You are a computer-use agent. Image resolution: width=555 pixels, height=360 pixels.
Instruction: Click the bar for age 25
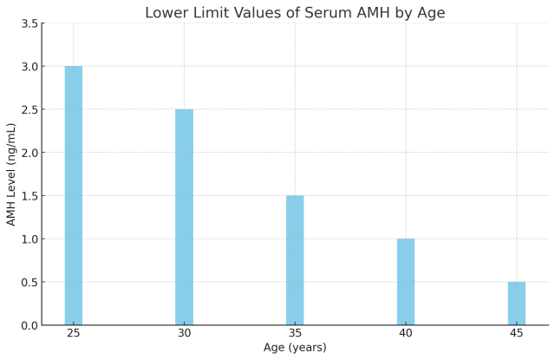pyautogui.click(x=74, y=195)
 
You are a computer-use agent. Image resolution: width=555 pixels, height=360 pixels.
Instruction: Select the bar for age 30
pyautogui.click(x=184, y=217)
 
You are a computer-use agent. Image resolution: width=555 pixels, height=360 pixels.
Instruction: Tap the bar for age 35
pyautogui.click(x=295, y=260)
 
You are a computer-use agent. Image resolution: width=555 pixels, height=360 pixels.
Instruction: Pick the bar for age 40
pyautogui.click(x=406, y=282)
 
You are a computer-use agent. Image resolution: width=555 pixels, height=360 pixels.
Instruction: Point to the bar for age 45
pyautogui.click(x=516, y=304)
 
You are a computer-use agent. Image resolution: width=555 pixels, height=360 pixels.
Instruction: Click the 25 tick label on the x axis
pyautogui.click(x=74, y=333)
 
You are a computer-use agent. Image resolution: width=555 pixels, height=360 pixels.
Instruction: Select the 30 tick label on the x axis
pyautogui.click(x=184, y=333)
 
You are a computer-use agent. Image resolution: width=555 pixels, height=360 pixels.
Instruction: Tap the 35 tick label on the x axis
pyautogui.click(x=295, y=333)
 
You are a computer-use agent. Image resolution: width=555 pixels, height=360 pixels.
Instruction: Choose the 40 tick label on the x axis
pyautogui.click(x=406, y=333)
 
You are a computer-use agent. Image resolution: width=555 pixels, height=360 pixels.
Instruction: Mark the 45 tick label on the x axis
pyautogui.click(x=516, y=333)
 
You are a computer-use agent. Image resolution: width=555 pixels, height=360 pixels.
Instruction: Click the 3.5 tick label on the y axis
pyautogui.click(x=29, y=23)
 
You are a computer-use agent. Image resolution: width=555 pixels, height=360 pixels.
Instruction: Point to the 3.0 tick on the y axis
pyautogui.click(x=29, y=67)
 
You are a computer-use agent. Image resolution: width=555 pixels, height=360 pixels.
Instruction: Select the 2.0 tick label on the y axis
pyautogui.click(x=29, y=153)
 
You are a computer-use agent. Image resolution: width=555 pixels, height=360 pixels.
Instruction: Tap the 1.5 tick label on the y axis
pyautogui.click(x=29, y=196)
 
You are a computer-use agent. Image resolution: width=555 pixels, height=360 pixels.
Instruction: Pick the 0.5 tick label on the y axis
pyautogui.click(x=29, y=282)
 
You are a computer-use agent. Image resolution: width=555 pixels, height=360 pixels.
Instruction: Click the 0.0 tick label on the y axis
pyautogui.click(x=29, y=325)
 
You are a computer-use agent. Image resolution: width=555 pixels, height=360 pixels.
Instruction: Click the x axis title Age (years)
pyautogui.click(x=295, y=348)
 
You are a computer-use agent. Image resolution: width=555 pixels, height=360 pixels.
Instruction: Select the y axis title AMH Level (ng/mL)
pyautogui.click(x=11, y=173)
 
